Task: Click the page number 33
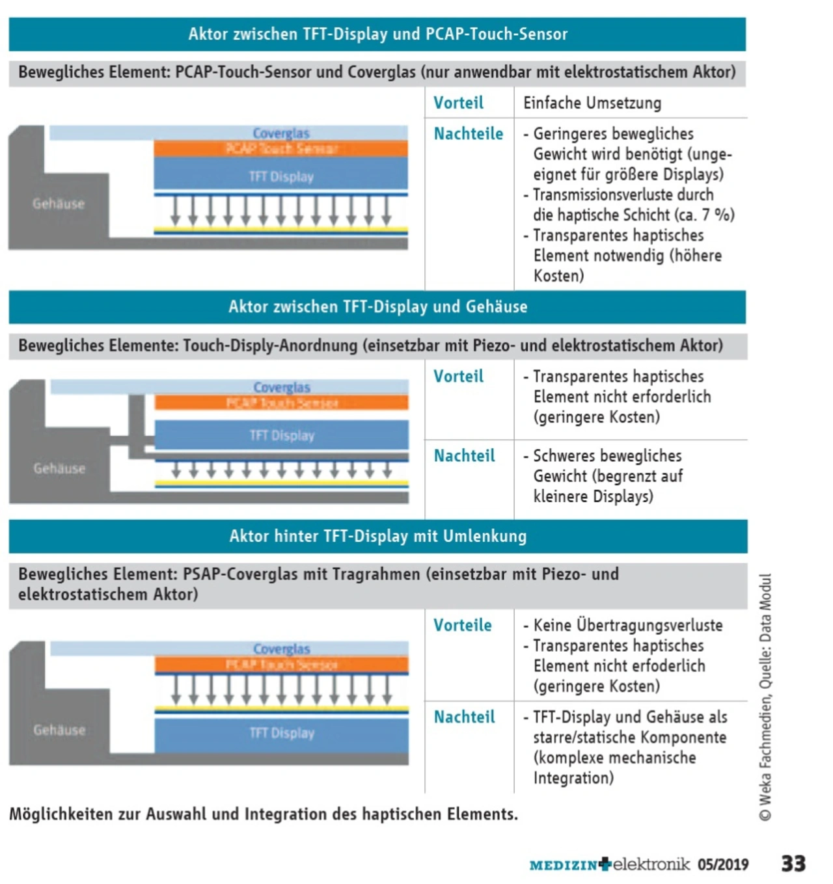click(x=793, y=863)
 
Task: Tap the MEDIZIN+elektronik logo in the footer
click(x=609, y=864)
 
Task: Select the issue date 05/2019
click(x=723, y=864)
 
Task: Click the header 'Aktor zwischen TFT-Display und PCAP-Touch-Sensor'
click(x=377, y=34)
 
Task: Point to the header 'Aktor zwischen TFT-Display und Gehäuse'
click(x=377, y=307)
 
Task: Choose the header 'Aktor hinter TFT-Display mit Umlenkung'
click(x=377, y=536)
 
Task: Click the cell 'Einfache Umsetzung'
click(x=592, y=103)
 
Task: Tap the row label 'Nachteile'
click(x=468, y=134)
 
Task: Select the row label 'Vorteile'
click(x=462, y=625)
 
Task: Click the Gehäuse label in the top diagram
click(x=59, y=204)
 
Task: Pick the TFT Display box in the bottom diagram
click(x=281, y=733)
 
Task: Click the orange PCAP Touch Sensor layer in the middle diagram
click(x=281, y=403)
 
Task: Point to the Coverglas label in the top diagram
click(x=281, y=133)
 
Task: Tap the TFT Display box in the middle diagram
click(x=281, y=435)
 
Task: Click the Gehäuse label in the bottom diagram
click(x=59, y=730)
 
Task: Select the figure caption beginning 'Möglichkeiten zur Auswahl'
click(x=264, y=814)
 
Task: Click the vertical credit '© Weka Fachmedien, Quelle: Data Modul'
click(x=765, y=696)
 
